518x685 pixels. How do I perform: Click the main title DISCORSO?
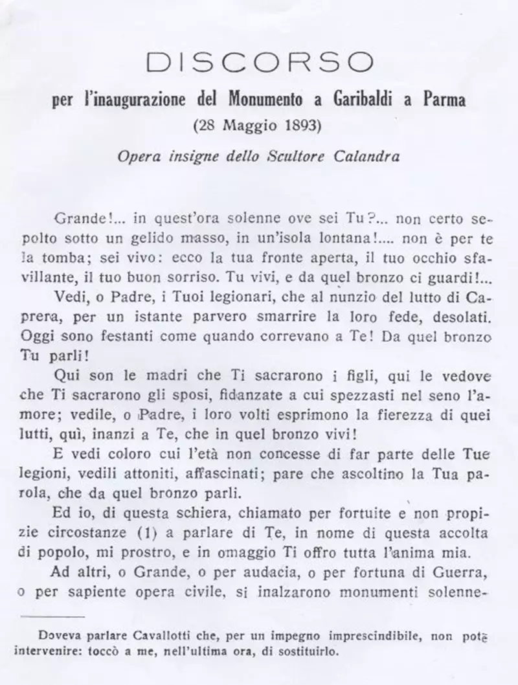coord(260,62)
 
